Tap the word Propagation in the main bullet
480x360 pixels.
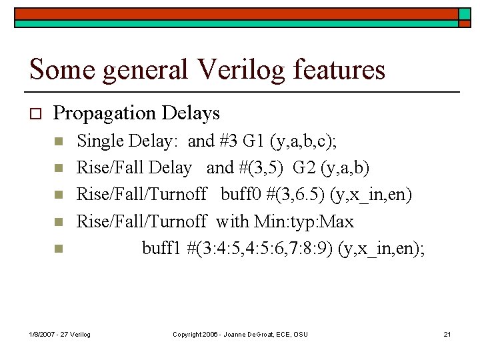click(107, 113)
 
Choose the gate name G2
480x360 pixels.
click(300, 168)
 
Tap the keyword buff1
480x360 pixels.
click(162, 248)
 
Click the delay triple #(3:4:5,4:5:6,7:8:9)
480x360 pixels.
click(260, 248)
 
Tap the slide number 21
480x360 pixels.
click(447, 333)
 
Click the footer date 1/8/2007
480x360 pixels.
click(43, 333)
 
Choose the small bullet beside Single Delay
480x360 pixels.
click(58, 142)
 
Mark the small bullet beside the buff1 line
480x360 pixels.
click(58, 249)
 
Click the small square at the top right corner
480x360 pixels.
click(464, 14)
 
